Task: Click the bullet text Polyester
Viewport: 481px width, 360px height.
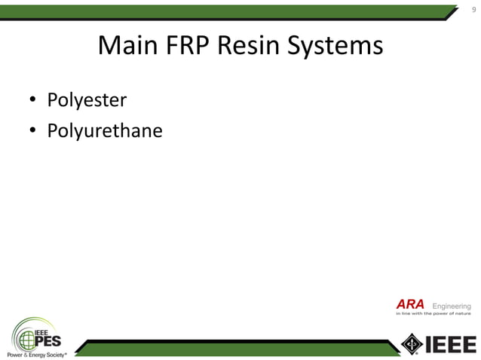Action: pos(87,100)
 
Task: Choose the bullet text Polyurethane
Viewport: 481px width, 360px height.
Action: pos(105,132)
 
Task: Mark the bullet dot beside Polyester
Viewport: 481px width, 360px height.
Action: pos(33,101)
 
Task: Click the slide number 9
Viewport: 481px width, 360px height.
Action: pos(473,10)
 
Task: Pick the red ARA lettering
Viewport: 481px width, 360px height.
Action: pos(410,305)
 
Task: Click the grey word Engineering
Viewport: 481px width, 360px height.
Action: pos(452,306)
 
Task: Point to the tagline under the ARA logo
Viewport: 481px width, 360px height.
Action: pos(433,314)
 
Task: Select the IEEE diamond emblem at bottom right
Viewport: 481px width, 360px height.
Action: pos(412,343)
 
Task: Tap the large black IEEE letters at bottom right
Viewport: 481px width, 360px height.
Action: pos(452,344)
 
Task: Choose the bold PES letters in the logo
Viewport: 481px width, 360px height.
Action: pos(47,340)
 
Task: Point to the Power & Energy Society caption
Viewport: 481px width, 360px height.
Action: pos(35,354)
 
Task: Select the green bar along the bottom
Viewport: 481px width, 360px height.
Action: pos(234,346)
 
